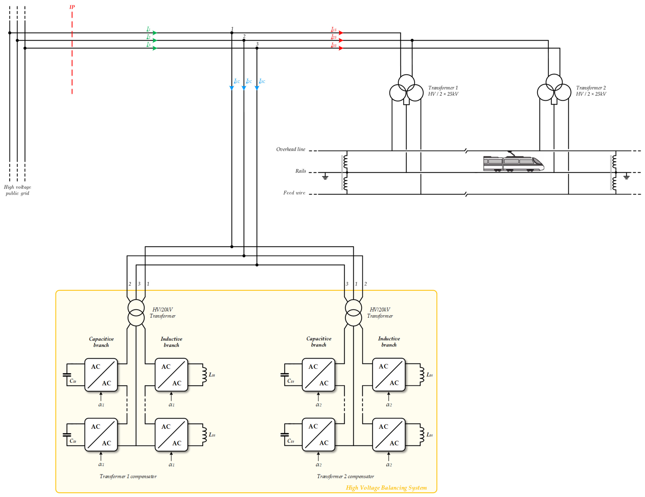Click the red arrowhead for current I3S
pyautogui.click(x=341, y=48)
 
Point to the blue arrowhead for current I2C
pyautogui.click(x=244, y=88)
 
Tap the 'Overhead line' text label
pyautogui.click(x=291, y=149)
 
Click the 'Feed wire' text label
pyautogui.click(x=294, y=193)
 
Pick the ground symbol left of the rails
pyautogui.click(x=325, y=177)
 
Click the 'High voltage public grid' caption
pyautogui.click(x=17, y=190)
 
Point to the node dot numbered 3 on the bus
pyautogui.click(x=257, y=48)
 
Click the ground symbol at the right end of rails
pyautogui.click(x=626, y=177)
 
